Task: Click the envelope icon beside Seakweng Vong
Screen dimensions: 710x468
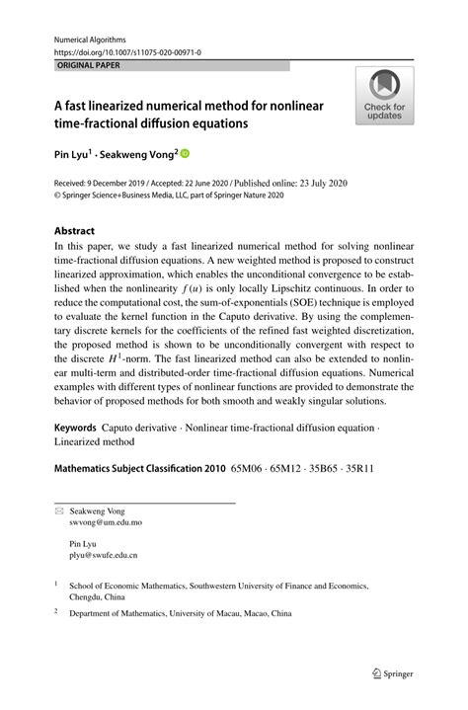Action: (x=59, y=511)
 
